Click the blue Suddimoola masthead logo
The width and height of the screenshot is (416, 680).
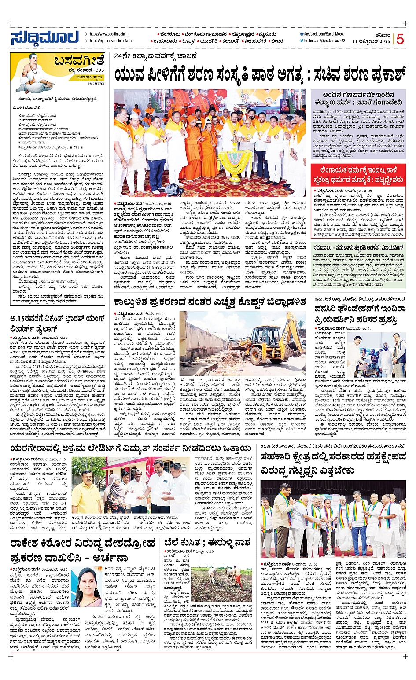(44, 38)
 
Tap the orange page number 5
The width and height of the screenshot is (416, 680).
(400, 39)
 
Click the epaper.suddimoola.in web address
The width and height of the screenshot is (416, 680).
(110, 41)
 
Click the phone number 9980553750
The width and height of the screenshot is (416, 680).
(96, 83)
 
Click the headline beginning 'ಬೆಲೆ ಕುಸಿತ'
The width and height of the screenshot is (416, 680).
(207, 542)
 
